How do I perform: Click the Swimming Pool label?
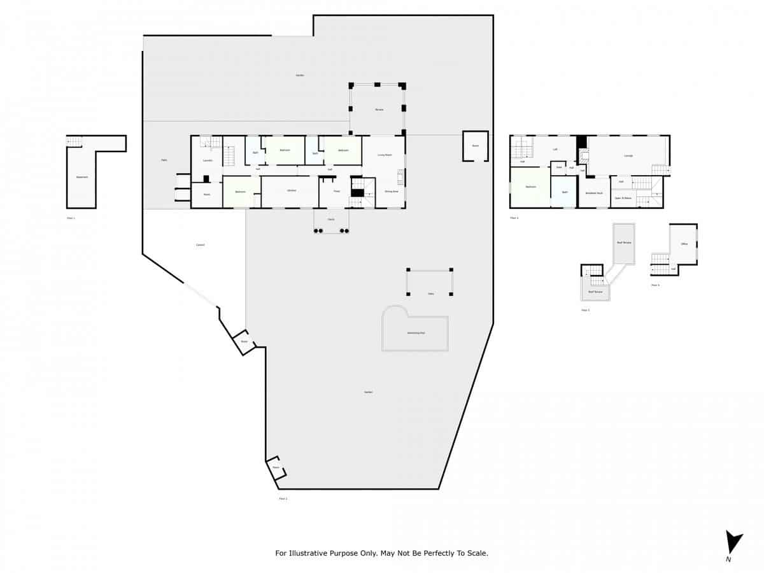click(x=416, y=333)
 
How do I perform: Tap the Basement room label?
click(x=81, y=177)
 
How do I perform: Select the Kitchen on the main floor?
click(x=291, y=191)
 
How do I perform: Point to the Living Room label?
click(x=384, y=155)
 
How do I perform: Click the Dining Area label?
click(x=391, y=191)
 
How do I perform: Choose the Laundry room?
click(x=207, y=160)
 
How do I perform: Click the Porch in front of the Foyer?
click(x=331, y=219)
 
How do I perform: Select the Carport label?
click(x=200, y=245)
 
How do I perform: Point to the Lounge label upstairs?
click(x=628, y=155)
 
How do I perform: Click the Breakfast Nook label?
click(x=595, y=193)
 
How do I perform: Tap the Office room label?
click(x=684, y=244)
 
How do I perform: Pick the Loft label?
click(x=555, y=149)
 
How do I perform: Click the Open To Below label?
click(x=623, y=198)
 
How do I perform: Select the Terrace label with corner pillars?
click(x=379, y=110)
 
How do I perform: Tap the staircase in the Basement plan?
click(x=74, y=141)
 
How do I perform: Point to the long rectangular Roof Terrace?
click(x=623, y=243)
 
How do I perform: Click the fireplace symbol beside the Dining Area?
click(x=400, y=176)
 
